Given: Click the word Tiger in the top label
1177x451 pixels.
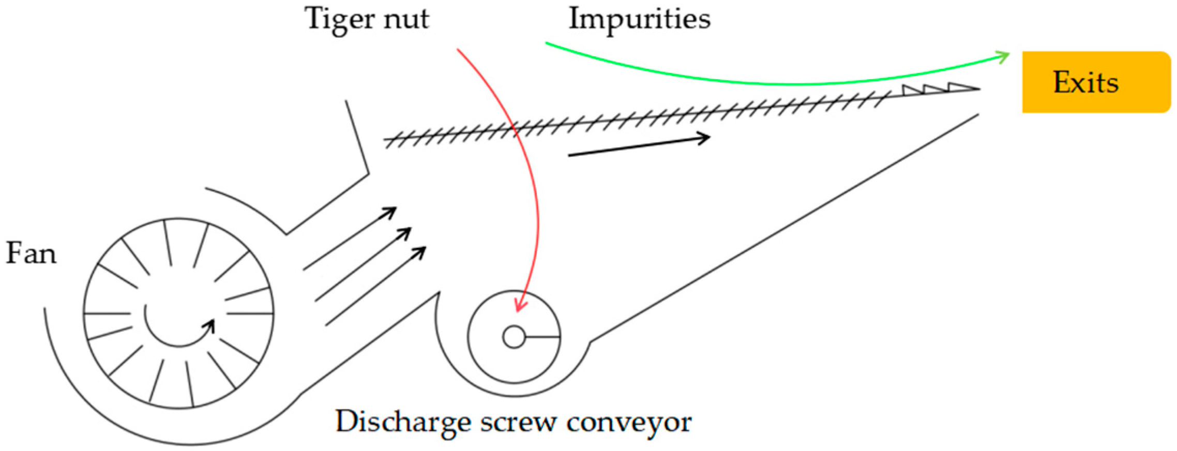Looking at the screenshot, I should click(339, 20).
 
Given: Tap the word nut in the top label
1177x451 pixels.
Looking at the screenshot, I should click(406, 20).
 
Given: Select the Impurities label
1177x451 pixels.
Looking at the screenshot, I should click(639, 19).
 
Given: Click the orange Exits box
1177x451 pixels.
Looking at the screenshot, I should click(1096, 82).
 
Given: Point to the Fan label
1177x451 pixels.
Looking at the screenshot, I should click(31, 254).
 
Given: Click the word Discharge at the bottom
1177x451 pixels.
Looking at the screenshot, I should click(403, 422).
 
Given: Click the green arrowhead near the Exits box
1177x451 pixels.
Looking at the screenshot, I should click(1003, 56).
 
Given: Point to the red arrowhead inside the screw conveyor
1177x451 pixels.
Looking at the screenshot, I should click(520, 305).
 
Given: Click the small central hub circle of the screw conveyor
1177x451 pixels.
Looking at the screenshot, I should click(514, 337).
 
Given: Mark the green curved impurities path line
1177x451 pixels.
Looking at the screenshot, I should click(776, 83).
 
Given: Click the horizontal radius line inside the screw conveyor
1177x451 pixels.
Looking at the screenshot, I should click(542, 337).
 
